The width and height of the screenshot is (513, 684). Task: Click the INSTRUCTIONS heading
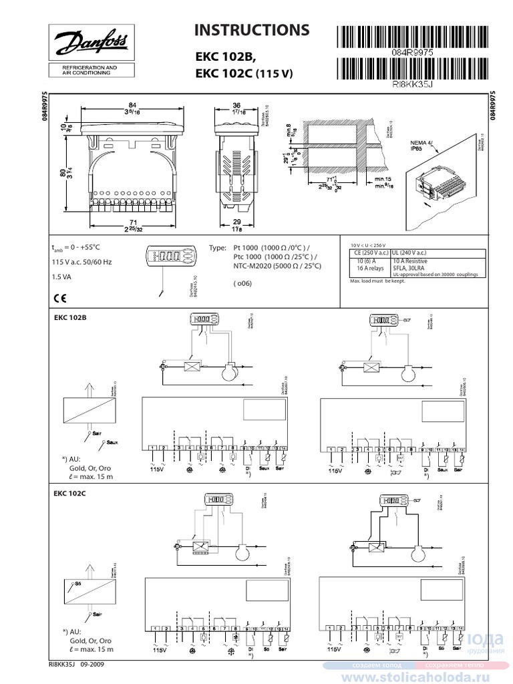pyautogui.click(x=251, y=30)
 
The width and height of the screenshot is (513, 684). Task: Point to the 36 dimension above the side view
pyautogui.click(x=236, y=105)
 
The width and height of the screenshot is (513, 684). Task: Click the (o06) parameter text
pyautogui.click(x=242, y=283)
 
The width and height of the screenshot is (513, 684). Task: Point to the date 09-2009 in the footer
pyautogui.click(x=92, y=665)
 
